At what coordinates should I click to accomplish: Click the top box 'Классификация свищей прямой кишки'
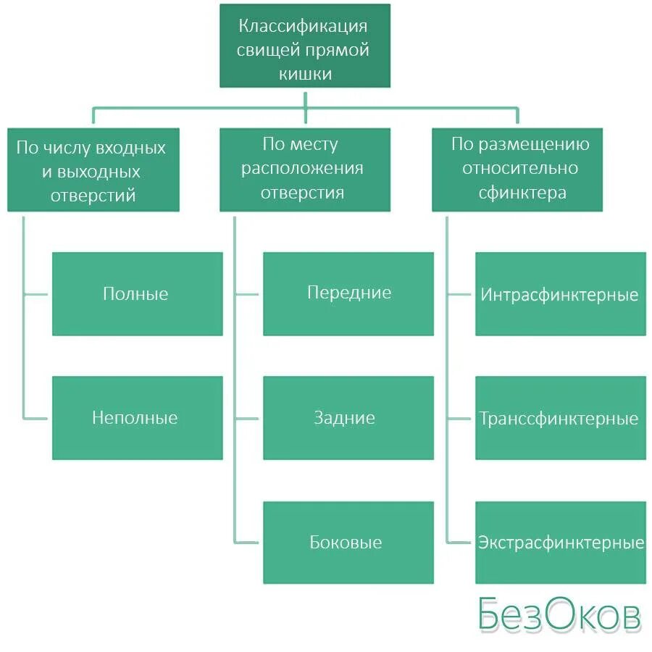pyautogui.click(x=304, y=46)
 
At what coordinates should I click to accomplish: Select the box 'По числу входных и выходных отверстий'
pyautogui.click(x=93, y=170)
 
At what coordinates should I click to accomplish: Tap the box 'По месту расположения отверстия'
pyautogui.click(x=304, y=170)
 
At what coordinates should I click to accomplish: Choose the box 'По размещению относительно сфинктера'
pyautogui.click(x=517, y=170)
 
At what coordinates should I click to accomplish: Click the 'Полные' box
pyautogui.click(x=137, y=293)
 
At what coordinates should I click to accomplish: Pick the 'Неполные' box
pyautogui.click(x=137, y=418)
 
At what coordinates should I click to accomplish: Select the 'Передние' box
pyautogui.click(x=348, y=293)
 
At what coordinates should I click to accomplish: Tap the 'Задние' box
pyautogui.click(x=348, y=418)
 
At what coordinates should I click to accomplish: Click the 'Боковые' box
pyautogui.click(x=348, y=543)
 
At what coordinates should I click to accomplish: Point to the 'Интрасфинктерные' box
pyautogui.click(x=560, y=293)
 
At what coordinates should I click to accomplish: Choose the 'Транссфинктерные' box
pyautogui.click(x=560, y=418)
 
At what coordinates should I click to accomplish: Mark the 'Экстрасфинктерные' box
pyautogui.click(x=560, y=543)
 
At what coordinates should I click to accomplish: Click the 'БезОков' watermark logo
pyautogui.click(x=559, y=615)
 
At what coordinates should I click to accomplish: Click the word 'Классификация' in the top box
pyautogui.click(x=304, y=27)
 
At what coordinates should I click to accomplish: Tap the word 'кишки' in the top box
pyautogui.click(x=304, y=74)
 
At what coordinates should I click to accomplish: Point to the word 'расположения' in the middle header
pyautogui.click(x=303, y=170)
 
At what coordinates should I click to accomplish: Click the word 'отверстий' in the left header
pyautogui.click(x=93, y=196)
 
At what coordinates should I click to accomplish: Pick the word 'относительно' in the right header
pyautogui.click(x=520, y=170)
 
